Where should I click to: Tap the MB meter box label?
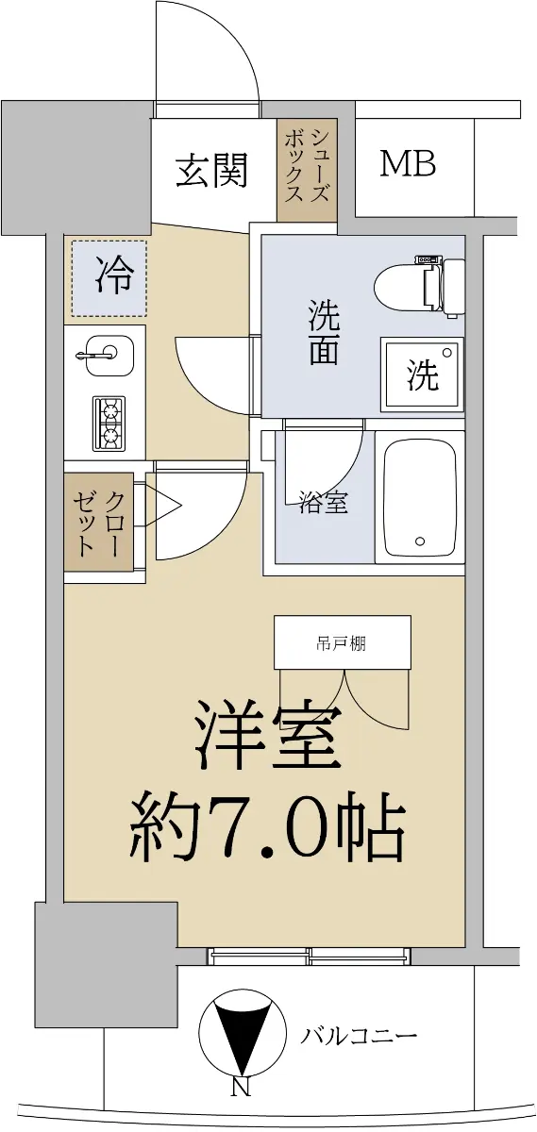pyautogui.click(x=408, y=164)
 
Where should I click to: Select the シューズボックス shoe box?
pyautogui.click(x=307, y=169)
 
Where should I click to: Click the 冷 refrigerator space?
pyautogui.click(x=109, y=278)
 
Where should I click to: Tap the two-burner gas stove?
pyautogui.click(x=109, y=424)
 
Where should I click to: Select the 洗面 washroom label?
pyautogui.click(x=324, y=332)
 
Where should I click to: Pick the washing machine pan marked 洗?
pyautogui.click(x=422, y=374)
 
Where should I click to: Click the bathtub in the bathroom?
pyautogui.click(x=420, y=497)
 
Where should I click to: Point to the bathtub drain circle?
pyautogui.click(x=420, y=541)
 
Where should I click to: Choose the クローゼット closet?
pyautogui.click(x=98, y=522)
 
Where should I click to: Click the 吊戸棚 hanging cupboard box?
pyautogui.click(x=343, y=642)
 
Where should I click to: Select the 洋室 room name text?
pyautogui.click(x=268, y=736)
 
